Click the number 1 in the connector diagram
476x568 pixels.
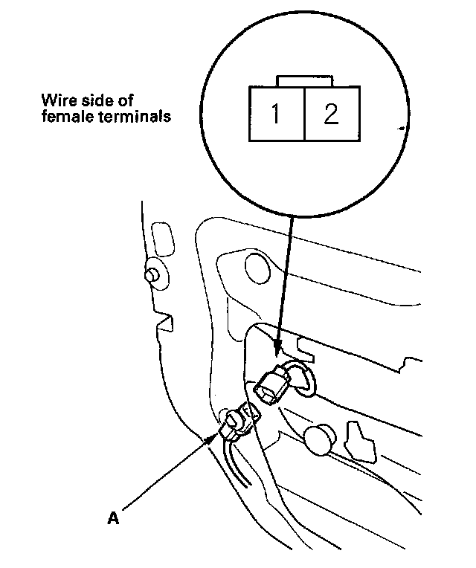pyautogui.click(x=276, y=114)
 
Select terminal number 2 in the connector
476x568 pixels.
pyautogui.click(x=331, y=114)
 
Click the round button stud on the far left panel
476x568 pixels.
pyautogui.click(x=153, y=274)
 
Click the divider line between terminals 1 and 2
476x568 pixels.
pyautogui.click(x=304, y=114)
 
